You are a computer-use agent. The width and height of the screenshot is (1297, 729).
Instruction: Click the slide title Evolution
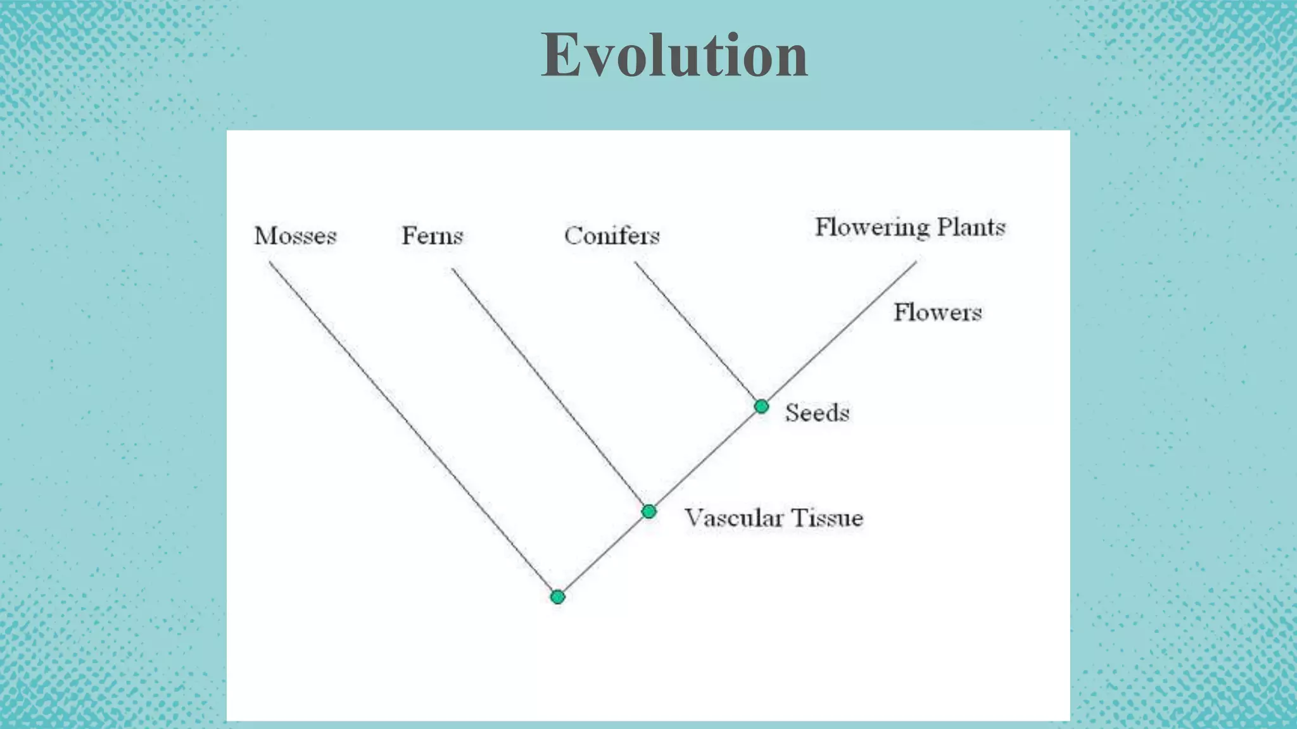coord(674,56)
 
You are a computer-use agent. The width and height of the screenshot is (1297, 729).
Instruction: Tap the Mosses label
coord(295,236)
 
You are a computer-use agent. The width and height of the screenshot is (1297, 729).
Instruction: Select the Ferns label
coord(432,236)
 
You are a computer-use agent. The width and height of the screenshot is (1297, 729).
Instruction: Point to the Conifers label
coord(612,236)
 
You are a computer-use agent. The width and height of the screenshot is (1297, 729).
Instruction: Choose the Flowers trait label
coord(937,313)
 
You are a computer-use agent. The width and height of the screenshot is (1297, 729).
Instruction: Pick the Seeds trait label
coord(817,413)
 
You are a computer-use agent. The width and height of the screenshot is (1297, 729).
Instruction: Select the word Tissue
coord(827,518)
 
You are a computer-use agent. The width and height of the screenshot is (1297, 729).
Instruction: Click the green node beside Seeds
coord(761,406)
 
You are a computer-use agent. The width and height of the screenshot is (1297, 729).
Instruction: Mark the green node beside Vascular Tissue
coord(648,511)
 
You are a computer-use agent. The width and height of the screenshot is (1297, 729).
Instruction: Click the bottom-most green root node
coord(557,597)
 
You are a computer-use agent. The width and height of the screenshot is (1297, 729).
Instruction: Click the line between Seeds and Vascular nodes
coord(705,459)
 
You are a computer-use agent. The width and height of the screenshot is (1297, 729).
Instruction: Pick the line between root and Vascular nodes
coord(603,554)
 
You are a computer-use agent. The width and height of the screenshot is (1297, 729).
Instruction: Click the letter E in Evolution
coord(561,56)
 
